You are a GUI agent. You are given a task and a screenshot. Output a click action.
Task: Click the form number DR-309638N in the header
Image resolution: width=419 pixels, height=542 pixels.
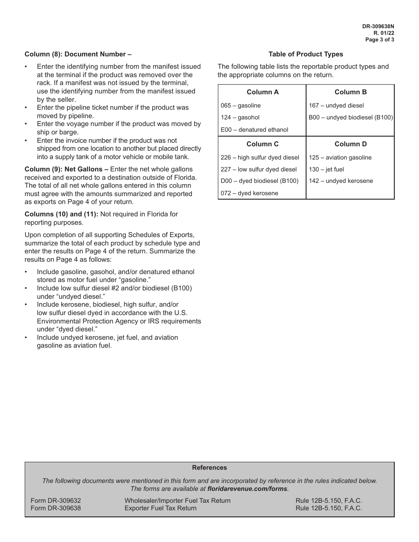(378, 26)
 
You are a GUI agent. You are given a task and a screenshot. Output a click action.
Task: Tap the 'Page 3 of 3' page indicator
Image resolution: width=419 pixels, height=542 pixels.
(380, 40)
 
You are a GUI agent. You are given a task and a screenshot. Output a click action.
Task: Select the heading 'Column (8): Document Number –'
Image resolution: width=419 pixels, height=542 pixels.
(78, 54)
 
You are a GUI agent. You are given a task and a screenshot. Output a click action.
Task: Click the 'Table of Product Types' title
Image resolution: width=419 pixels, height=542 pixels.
(306, 54)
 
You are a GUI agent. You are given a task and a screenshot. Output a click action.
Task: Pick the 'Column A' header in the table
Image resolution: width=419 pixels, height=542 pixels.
(262, 92)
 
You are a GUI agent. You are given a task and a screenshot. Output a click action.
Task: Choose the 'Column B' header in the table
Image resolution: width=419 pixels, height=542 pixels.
(351, 92)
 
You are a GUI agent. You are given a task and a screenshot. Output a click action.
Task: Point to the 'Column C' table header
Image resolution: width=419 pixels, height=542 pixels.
(262, 144)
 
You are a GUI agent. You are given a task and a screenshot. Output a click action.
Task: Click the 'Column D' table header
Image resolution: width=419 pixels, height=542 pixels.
(351, 144)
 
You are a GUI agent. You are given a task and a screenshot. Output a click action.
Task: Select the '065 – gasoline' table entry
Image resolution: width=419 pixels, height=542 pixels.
(241, 106)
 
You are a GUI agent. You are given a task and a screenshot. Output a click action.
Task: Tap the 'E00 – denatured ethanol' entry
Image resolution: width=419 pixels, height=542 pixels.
(254, 130)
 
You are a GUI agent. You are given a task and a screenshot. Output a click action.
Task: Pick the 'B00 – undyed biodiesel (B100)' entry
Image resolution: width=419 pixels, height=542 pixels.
(351, 118)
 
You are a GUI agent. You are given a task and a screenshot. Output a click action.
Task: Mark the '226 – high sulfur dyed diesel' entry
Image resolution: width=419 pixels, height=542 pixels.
(260, 158)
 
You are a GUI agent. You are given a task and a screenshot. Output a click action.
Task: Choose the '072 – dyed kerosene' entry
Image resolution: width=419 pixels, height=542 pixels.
(250, 193)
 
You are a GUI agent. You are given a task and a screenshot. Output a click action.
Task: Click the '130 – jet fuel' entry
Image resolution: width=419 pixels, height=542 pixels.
(326, 170)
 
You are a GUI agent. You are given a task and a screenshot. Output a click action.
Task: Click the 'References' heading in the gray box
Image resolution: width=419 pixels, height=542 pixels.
(209, 468)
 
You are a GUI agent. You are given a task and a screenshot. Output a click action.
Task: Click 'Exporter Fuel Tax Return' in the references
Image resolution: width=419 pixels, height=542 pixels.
(161, 509)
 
